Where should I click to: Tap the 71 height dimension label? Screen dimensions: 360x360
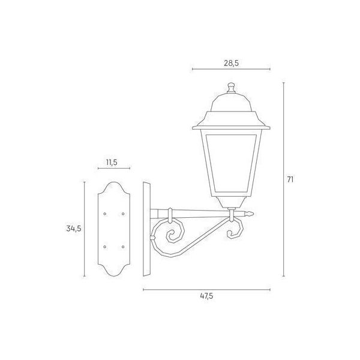coord(290,179)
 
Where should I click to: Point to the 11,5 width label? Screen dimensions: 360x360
coord(110,163)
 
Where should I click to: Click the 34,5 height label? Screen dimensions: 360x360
coord(73,228)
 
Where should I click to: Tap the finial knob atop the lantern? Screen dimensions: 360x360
coord(231,86)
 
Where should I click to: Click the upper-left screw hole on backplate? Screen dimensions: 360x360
coord(105,213)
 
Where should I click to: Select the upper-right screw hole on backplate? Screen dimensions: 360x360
coord(123,213)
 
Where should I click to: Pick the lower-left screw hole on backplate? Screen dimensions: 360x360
coord(105,246)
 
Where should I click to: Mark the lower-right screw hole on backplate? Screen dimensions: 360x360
coord(123,246)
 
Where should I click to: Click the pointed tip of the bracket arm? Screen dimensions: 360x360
coord(254,214)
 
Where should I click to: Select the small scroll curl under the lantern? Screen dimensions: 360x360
coord(236,230)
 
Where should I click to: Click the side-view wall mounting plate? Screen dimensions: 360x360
coord(147,230)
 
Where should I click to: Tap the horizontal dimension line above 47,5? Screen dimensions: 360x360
coord(206,290)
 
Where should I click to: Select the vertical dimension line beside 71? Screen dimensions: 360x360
coord(283,179)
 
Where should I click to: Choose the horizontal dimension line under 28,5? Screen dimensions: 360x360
coord(231,70)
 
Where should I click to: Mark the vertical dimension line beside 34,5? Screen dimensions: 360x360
coord(85,228)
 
